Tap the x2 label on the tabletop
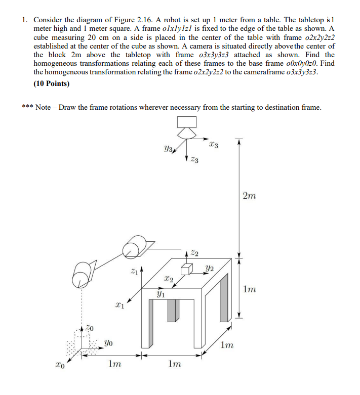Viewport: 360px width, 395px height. tap(169, 279)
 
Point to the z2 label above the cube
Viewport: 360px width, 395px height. tap(194, 253)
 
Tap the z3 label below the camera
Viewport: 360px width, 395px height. tap(194, 161)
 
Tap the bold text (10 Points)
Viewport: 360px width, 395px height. tap(51, 83)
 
